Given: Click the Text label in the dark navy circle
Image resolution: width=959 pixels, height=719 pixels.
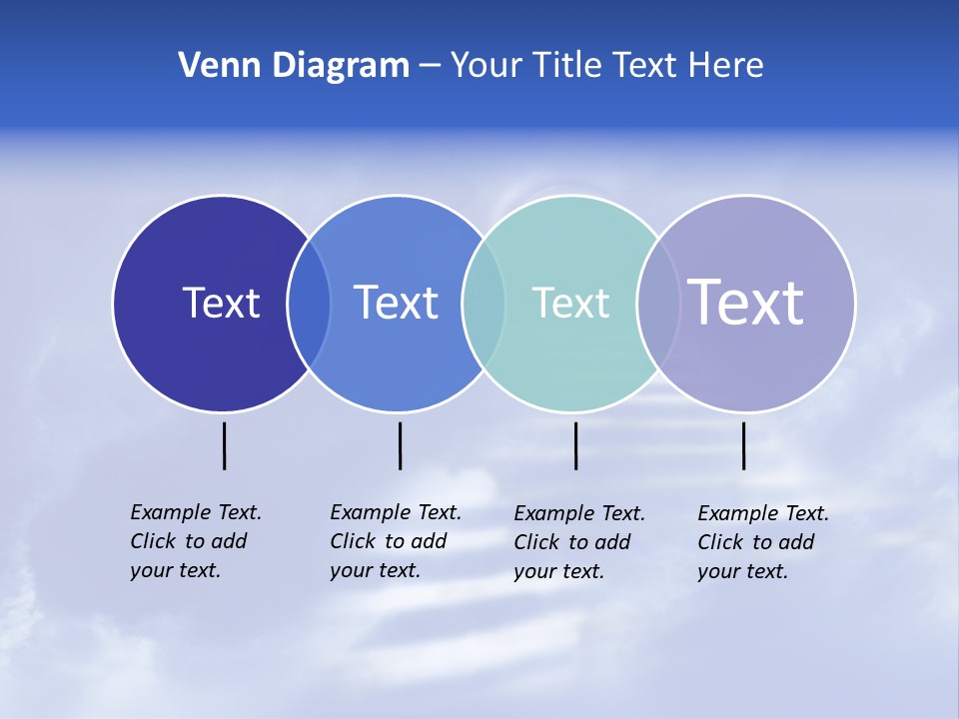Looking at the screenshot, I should tap(221, 303).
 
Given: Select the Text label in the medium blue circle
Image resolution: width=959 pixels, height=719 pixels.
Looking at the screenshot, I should tap(397, 303).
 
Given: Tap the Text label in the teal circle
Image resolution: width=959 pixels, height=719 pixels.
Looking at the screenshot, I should tap(570, 303).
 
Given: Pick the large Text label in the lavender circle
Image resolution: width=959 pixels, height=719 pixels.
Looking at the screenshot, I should tap(746, 303).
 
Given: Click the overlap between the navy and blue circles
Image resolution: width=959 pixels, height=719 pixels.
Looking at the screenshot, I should tap(309, 303).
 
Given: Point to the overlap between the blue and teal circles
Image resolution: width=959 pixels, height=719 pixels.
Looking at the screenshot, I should tap(483, 303).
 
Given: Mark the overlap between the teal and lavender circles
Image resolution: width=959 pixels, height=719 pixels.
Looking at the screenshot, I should tap(658, 303).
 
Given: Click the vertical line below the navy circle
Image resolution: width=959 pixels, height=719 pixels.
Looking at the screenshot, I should tap(225, 445).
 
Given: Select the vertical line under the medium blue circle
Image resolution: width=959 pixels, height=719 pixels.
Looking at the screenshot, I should tap(400, 445).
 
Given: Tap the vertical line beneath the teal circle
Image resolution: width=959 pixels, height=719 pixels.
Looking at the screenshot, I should tap(575, 445).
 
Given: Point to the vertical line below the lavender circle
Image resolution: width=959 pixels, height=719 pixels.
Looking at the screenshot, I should tap(744, 445).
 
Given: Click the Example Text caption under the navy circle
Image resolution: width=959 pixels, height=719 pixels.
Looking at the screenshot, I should tap(195, 541).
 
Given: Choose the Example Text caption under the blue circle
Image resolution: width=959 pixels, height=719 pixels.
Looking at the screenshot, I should tap(395, 541).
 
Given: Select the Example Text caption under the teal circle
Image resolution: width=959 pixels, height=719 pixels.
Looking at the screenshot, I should tap(578, 542).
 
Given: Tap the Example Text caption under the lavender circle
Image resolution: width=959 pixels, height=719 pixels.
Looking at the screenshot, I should tap(762, 542).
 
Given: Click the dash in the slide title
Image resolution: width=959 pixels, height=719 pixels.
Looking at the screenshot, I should tap(430, 67).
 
